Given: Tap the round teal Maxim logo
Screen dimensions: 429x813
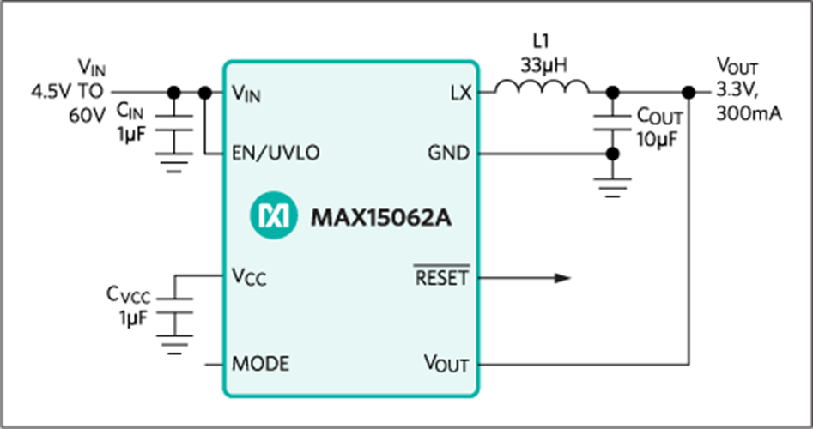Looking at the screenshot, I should [x=271, y=215].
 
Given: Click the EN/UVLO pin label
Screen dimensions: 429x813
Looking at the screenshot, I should [x=276, y=154].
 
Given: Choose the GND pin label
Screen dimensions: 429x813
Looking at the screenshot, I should [x=449, y=154].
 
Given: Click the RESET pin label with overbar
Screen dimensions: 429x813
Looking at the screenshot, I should [x=442, y=277].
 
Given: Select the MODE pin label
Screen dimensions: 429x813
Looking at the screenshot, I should [x=260, y=364].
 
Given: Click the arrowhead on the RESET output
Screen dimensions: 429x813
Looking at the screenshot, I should [x=562, y=277].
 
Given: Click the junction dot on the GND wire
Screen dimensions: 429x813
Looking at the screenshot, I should [x=612, y=154].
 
